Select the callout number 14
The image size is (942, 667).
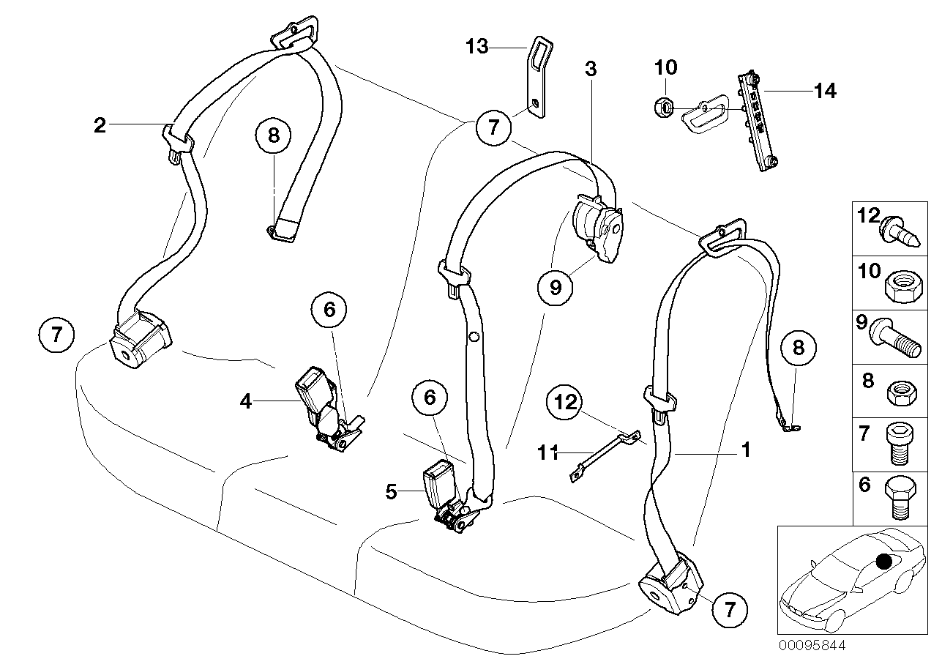824,91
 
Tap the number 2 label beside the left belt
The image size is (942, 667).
100,125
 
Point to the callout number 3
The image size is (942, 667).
591,70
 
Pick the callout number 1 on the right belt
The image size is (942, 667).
745,450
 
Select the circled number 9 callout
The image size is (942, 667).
555,288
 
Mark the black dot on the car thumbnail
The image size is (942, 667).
884,562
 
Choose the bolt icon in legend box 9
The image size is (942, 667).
894,341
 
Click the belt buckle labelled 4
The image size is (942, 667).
320,404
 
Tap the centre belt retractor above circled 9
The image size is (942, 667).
598,226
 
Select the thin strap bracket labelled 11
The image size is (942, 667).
602,458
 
